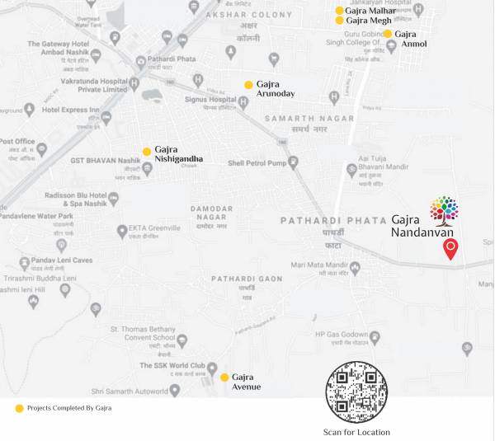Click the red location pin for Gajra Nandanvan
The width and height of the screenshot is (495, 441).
[450, 248]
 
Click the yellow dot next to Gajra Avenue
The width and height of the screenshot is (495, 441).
[224, 377]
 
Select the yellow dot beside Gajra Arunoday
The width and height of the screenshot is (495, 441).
[248, 84]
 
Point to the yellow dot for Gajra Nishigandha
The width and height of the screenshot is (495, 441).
[147, 152]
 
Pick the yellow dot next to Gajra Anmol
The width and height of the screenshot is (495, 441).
[387, 34]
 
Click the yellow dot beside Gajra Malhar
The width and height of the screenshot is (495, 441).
[339, 11]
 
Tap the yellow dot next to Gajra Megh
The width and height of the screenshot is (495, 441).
[339, 21]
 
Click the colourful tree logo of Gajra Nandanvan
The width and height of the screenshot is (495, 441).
[445, 210]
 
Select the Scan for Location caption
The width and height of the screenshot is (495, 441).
[356, 432]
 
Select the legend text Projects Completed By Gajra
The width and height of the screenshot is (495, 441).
[69, 408]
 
